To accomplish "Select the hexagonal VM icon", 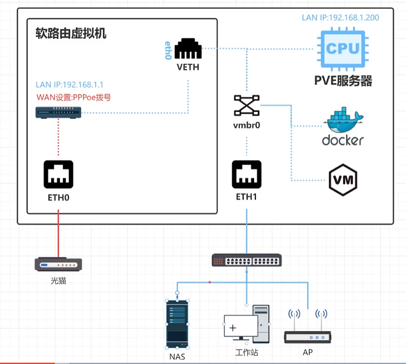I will (x=343, y=180).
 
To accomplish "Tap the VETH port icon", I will (x=188, y=49).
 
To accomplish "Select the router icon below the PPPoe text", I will (x=58, y=112).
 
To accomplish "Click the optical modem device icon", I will (x=58, y=264).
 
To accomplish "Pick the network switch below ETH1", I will (x=247, y=260).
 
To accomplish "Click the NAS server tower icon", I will (x=178, y=323).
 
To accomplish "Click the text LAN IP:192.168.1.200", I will (x=340, y=17).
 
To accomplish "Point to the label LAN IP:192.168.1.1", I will (x=69, y=85).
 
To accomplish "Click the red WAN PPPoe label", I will (x=74, y=97).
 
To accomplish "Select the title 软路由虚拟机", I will (x=71, y=34).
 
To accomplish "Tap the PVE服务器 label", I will (x=343, y=81).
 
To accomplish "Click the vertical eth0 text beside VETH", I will (x=167, y=51).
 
